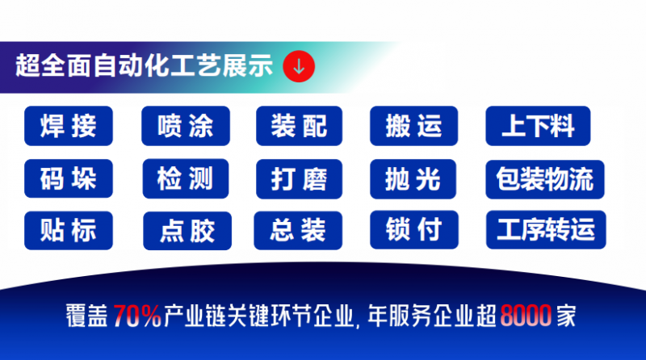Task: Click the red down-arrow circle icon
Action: [x=299, y=66]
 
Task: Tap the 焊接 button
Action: [x=69, y=126]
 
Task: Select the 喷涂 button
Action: [x=186, y=126]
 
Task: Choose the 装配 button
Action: [x=299, y=126]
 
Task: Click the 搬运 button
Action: [x=413, y=126]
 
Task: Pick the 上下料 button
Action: [x=538, y=126]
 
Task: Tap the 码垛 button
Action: [x=69, y=178]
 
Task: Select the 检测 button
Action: [x=186, y=178]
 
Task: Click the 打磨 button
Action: [x=299, y=178]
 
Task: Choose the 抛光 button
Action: [x=413, y=178]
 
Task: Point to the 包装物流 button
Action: [x=545, y=179]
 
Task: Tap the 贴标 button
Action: [x=69, y=230]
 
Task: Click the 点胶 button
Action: [x=187, y=231]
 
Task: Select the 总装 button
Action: [x=298, y=230]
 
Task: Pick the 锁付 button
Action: [x=414, y=229]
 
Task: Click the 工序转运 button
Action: [x=546, y=229]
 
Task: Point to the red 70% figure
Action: [x=137, y=316]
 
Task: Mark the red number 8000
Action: [x=526, y=316]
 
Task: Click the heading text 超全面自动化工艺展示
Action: [x=145, y=65]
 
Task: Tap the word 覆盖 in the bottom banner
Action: [x=87, y=316]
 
